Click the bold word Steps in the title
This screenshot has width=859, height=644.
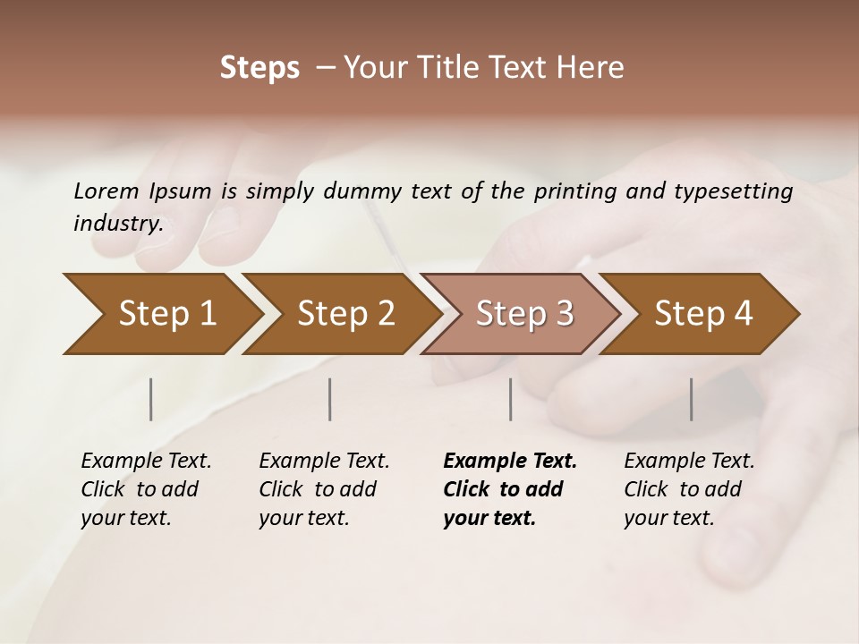[x=259, y=68]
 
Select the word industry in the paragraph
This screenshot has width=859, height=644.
[x=117, y=223]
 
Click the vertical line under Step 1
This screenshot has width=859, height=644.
[x=151, y=399]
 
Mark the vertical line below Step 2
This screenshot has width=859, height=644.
[x=330, y=399]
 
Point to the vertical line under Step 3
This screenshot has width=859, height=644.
[x=511, y=399]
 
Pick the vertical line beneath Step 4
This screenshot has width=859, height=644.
[x=691, y=399]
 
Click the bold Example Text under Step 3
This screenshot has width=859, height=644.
[x=510, y=461]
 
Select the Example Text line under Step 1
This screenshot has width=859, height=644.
[x=146, y=461]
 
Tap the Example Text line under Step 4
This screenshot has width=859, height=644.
[x=689, y=461]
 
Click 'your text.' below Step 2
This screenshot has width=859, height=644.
[x=303, y=518]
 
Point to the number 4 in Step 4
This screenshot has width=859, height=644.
[x=742, y=314]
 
